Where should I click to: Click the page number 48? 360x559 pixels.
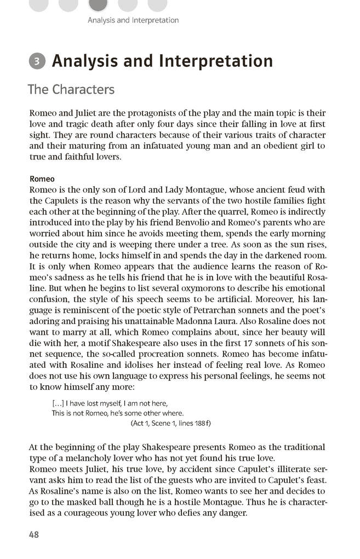(x=33, y=535)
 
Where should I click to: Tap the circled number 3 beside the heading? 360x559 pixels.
(x=37, y=61)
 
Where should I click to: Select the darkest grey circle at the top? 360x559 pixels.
(x=98, y=4)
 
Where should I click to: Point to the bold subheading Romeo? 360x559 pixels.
(x=42, y=179)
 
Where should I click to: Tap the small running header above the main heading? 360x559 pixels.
(x=133, y=20)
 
